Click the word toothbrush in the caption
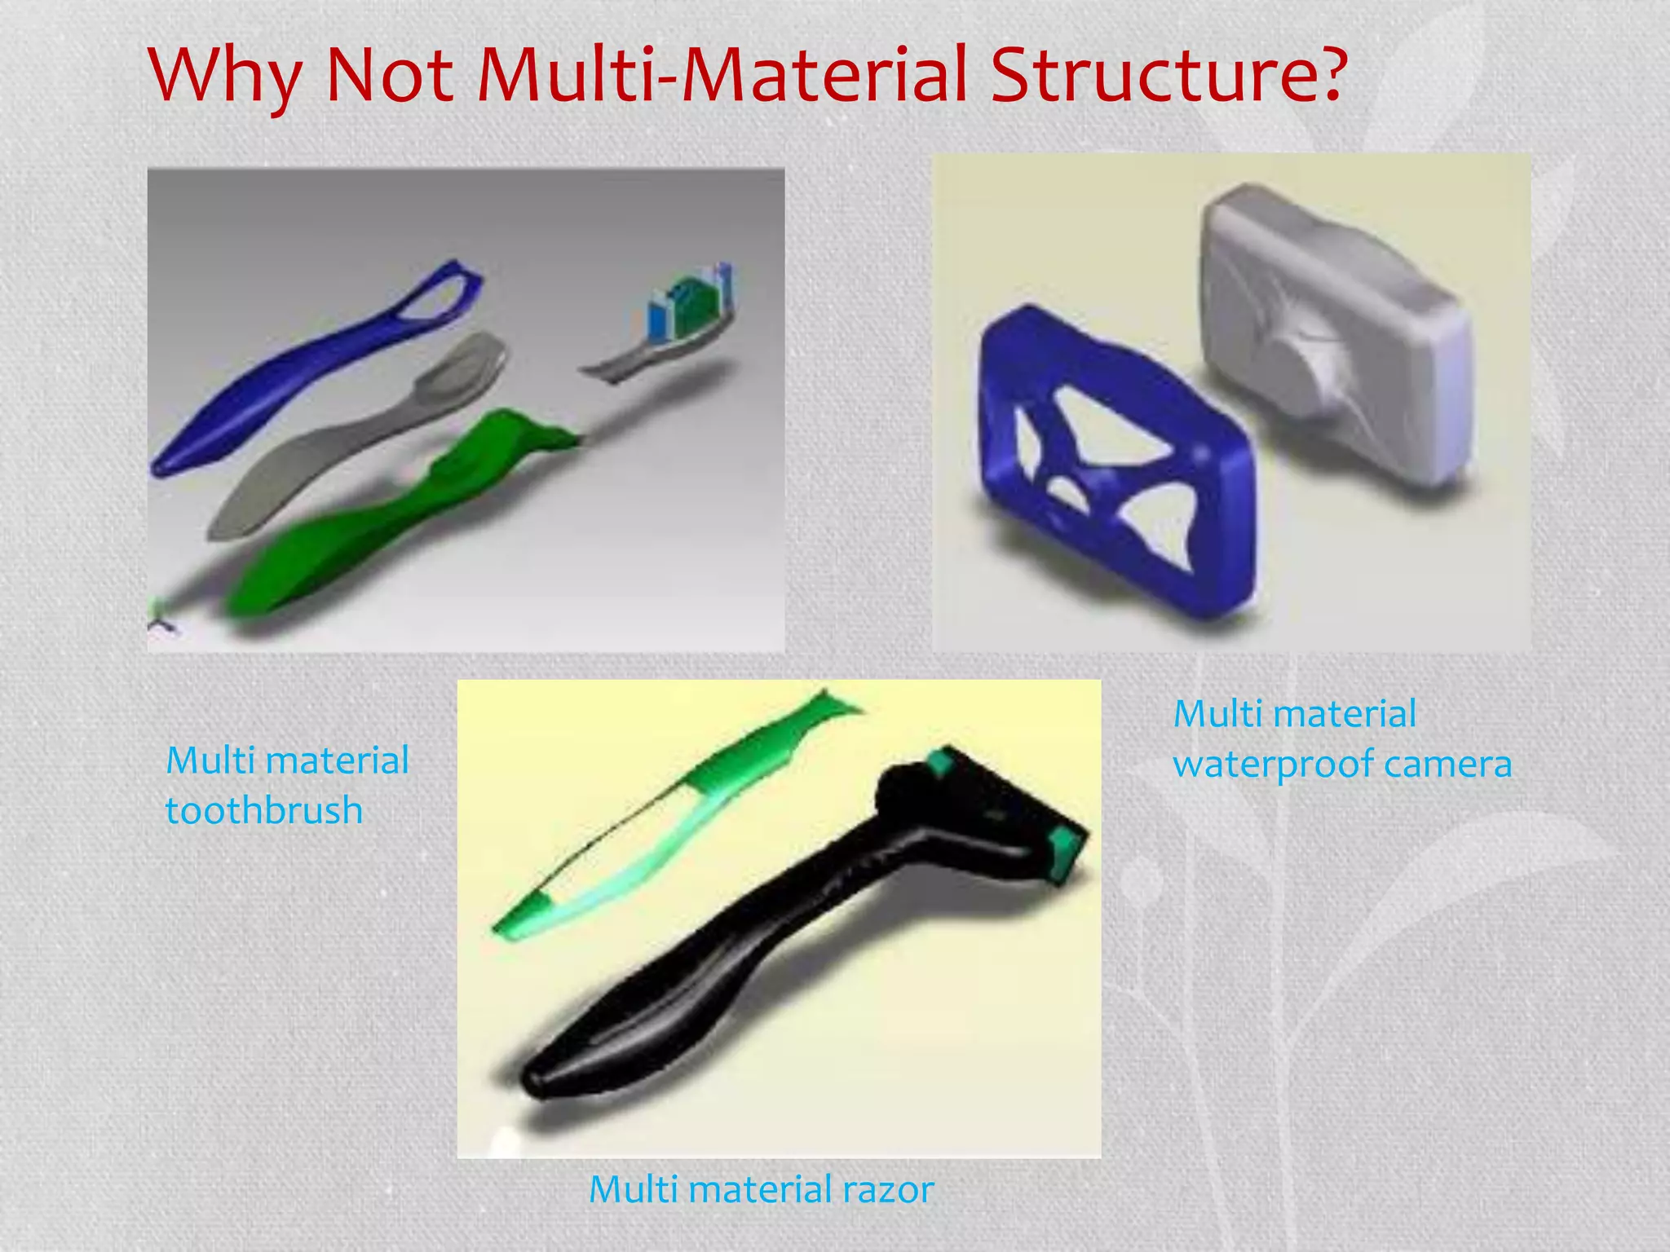pyautogui.click(x=264, y=810)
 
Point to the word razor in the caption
pyautogui.click(x=888, y=1189)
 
